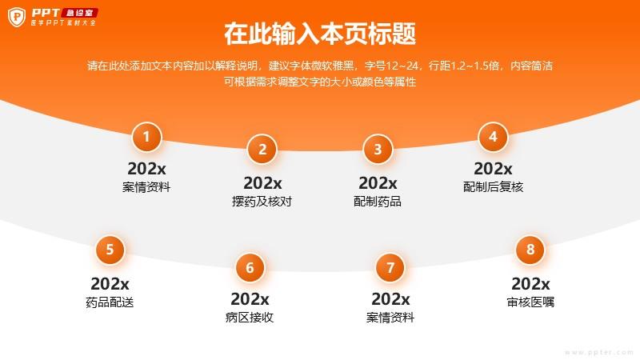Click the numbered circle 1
click(x=146, y=137)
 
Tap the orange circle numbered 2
click(x=262, y=150)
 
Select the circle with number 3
click(x=378, y=150)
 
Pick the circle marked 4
click(x=493, y=137)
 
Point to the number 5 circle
click(x=110, y=250)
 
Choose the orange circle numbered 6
click(x=250, y=268)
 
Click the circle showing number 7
click(x=390, y=268)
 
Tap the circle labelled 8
click(x=530, y=250)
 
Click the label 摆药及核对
click(x=262, y=202)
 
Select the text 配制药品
click(x=378, y=202)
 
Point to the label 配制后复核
click(x=493, y=187)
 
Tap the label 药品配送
click(x=110, y=302)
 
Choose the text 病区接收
click(x=250, y=317)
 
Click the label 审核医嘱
click(x=530, y=302)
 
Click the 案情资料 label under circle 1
click(x=146, y=187)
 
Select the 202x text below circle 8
click(x=530, y=284)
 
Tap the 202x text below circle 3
click(x=378, y=183)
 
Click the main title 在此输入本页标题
click(x=320, y=34)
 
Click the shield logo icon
click(x=17, y=17)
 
